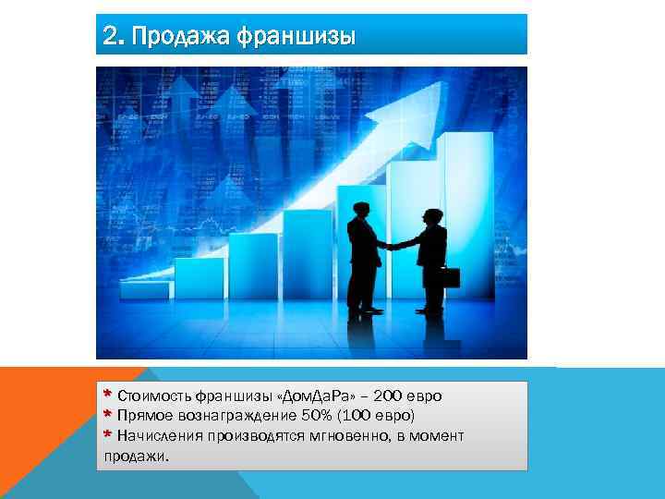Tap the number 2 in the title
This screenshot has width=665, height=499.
click(x=111, y=36)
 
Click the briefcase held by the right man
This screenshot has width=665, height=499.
click(x=449, y=278)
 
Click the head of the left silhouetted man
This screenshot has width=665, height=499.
click(x=360, y=211)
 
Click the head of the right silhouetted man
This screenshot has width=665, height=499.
click(x=431, y=216)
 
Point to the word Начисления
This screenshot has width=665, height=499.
click(x=158, y=435)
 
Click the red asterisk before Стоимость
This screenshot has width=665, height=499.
click(x=108, y=395)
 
